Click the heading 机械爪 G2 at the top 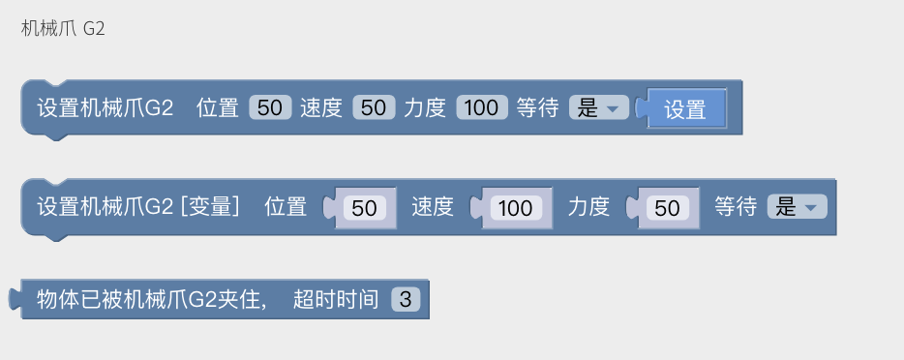pos(63,29)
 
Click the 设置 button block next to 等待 pos(685,109)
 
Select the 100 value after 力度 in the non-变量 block pos(481,108)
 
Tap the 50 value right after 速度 pos(374,108)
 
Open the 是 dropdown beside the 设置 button pos(599,108)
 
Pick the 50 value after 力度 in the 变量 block pos(668,207)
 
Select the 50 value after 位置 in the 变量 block pos(364,207)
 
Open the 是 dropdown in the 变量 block pos(798,207)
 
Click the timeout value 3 pos(406,300)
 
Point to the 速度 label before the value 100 pos(433,207)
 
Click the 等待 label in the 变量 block pos(736,207)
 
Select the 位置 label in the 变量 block pos(286,207)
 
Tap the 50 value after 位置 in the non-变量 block pos(270,108)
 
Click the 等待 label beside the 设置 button pos(537,108)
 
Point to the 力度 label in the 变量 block pos(588,207)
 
